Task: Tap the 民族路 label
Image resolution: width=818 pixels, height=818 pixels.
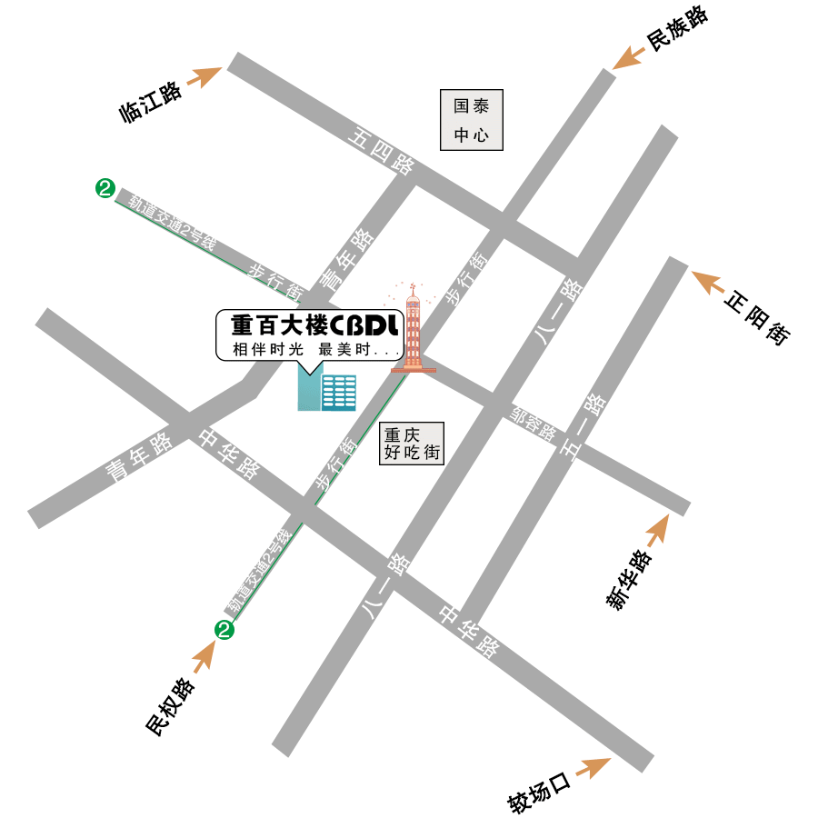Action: [676, 28]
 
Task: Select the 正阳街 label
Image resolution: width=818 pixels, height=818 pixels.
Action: [757, 317]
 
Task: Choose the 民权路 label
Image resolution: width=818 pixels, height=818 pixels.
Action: [171, 706]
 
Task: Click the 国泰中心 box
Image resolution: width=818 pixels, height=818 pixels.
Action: [472, 120]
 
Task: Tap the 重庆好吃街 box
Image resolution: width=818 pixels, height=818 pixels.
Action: [412, 444]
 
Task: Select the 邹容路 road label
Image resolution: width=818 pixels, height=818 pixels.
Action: [534, 423]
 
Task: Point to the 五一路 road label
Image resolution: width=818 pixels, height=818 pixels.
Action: [584, 428]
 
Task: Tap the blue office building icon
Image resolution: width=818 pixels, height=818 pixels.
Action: [327, 392]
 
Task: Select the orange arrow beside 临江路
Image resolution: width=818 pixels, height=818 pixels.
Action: [204, 76]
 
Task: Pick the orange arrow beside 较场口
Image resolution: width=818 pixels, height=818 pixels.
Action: [592, 768]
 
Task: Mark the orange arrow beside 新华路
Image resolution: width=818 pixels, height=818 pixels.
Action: [656, 529]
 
